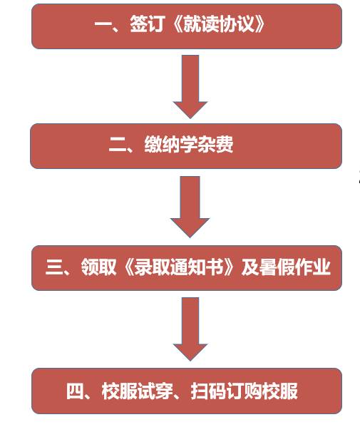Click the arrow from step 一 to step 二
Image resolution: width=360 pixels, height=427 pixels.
(190, 86)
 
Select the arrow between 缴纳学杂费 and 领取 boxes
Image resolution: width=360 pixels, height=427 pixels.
(190, 207)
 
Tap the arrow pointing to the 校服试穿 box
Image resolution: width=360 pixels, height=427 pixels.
(190, 329)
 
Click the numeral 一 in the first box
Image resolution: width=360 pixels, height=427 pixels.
(103, 24)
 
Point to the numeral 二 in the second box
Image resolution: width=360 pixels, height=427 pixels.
(118, 144)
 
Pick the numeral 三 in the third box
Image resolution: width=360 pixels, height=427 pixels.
(54, 267)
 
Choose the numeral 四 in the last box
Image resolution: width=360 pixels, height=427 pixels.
(75, 391)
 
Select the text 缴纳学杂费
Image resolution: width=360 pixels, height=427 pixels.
(189, 144)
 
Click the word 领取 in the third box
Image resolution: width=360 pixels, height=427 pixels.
(98, 267)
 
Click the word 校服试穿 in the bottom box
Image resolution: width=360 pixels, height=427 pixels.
(138, 391)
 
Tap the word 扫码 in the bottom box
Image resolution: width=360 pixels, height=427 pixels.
(209, 391)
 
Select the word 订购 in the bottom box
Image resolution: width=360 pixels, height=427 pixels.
(244, 391)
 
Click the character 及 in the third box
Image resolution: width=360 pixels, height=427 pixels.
(250, 267)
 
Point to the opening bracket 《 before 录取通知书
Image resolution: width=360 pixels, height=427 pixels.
(129, 267)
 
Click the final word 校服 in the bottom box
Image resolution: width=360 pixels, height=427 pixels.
(280, 391)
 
